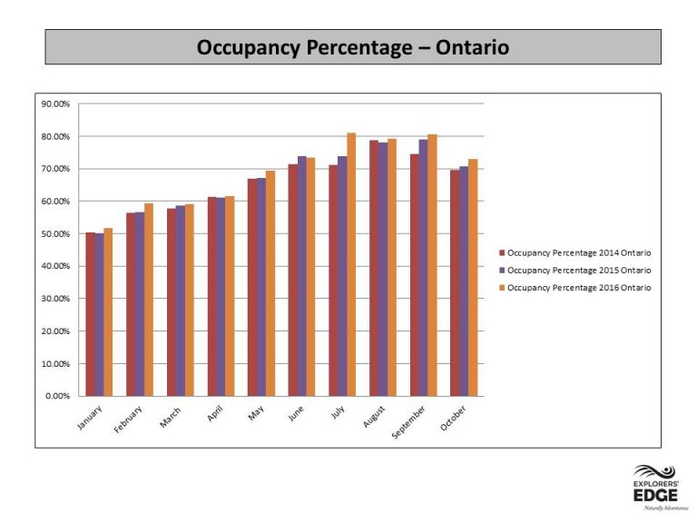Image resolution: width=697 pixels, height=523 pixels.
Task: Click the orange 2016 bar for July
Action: click(351, 264)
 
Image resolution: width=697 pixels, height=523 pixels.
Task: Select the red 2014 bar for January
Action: click(90, 314)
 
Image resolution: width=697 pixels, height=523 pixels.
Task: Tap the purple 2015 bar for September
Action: click(423, 268)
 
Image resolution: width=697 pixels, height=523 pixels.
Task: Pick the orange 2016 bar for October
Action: click(473, 278)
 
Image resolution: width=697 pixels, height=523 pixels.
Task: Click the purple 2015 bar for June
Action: click(302, 276)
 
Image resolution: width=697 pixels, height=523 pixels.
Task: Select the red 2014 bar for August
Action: click(374, 268)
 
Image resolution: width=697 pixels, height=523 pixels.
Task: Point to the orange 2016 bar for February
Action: click(149, 300)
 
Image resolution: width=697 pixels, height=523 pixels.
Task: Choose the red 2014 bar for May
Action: click(252, 288)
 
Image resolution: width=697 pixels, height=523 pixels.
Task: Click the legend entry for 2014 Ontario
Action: click(575, 253)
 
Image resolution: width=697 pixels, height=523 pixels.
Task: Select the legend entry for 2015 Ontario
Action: click(575, 271)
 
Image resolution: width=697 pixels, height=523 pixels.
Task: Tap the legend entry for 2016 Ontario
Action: click(575, 288)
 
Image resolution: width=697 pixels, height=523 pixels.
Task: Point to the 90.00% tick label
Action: click(55, 104)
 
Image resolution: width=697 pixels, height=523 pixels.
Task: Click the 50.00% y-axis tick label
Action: click(55, 234)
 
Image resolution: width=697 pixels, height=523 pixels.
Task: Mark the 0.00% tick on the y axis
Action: click(57, 396)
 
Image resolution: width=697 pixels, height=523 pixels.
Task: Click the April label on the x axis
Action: click(215, 414)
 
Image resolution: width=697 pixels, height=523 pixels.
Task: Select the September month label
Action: click(408, 422)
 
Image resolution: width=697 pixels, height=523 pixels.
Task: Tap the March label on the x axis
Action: click(171, 417)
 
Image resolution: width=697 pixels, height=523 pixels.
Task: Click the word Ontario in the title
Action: click(472, 47)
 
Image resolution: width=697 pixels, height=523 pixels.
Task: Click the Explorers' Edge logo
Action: click(656, 487)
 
